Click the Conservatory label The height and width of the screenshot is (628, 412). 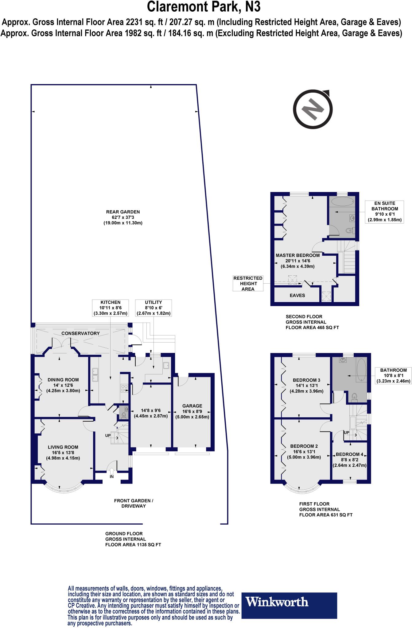point(80,333)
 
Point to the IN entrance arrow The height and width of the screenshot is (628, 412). point(111,471)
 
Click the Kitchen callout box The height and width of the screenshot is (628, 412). point(111,308)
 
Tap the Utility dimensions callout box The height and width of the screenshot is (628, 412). point(154,308)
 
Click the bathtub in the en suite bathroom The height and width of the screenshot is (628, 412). point(342,201)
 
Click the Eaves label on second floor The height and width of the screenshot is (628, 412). point(297,295)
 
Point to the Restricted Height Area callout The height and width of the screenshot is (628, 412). point(248,283)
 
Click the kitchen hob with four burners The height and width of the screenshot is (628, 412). point(124,388)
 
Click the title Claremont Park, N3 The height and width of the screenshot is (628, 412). point(204,7)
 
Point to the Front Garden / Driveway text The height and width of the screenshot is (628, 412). point(134,503)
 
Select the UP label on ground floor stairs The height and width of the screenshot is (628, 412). point(108,435)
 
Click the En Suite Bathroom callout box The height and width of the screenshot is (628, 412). point(384,212)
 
